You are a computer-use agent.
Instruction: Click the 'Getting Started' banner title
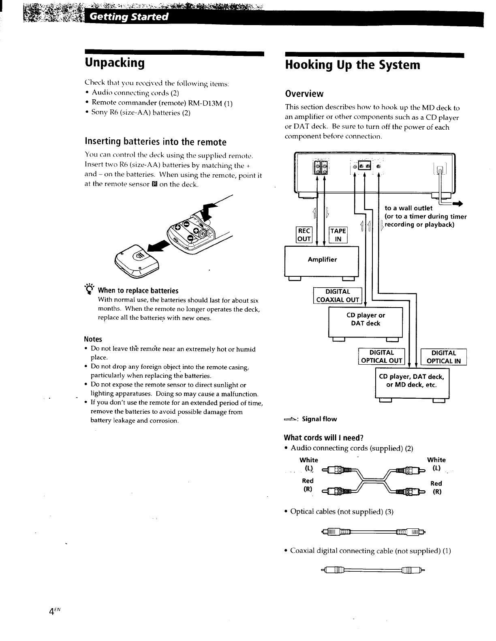point(128,17)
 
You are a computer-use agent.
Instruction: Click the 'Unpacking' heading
point(115,63)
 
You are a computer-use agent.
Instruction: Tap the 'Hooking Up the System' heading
point(353,65)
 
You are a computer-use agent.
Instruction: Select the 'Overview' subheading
point(304,94)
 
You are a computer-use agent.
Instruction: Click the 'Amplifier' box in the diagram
point(322,260)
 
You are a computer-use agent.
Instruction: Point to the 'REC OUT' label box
point(304,235)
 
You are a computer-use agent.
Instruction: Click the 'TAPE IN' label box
point(338,235)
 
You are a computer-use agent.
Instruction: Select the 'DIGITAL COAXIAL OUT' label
point(338,296)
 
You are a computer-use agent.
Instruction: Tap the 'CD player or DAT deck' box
point(365,320)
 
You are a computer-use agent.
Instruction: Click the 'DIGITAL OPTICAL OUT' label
point(381,357)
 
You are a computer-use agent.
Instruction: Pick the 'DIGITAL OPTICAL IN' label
point(444,357)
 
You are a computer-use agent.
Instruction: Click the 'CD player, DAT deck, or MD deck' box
point(411,381)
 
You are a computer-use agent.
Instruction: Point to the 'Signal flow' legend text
point(319,419)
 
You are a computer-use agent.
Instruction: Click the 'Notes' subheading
point(93,339)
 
